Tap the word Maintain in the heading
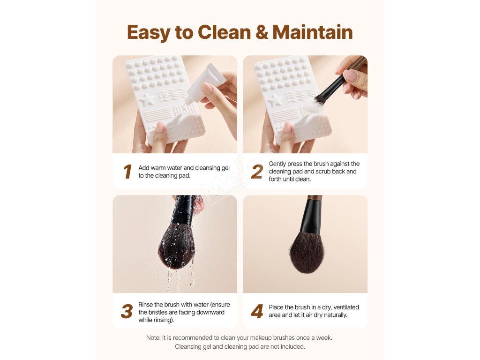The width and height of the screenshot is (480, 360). (x=313, y=32)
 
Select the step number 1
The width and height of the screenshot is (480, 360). (x=127, y=172)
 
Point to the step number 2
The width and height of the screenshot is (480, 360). (x=257, y=172)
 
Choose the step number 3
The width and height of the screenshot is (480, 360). (x=127, y=311)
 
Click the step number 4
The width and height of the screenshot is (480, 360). (x=257, y=311)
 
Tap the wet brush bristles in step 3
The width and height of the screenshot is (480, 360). (x=176, y=247)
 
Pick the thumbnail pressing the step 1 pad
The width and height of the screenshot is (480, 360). (x=159, y=127)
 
